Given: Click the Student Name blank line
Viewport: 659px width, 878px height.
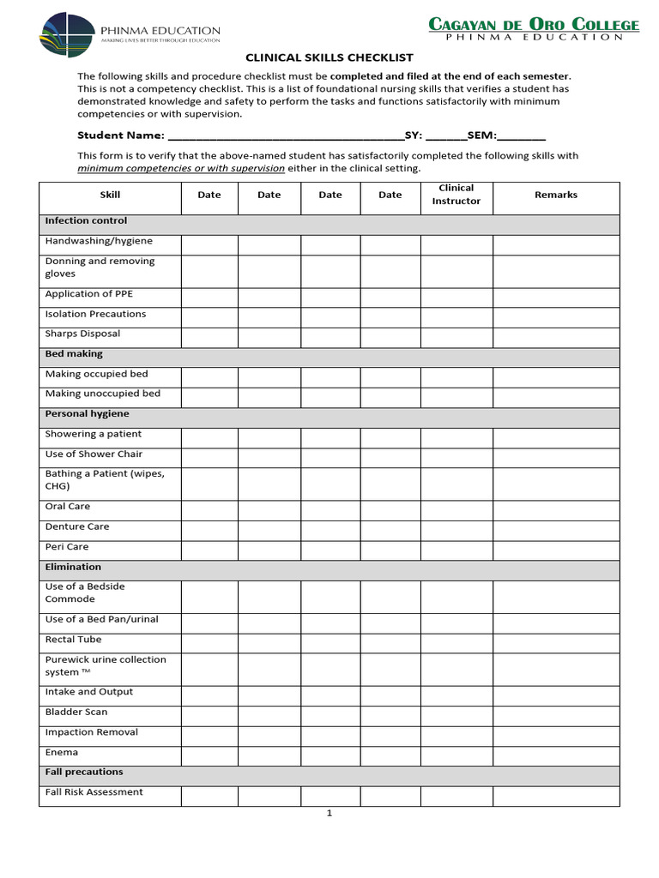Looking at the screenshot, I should click(285, 135).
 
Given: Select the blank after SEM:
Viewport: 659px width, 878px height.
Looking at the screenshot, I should click(521, 135).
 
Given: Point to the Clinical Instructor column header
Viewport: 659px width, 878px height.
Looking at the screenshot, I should click(456, 195).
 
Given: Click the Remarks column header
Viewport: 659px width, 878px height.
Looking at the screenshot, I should click(555, 195).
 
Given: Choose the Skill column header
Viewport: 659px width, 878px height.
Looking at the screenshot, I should click(110, 195).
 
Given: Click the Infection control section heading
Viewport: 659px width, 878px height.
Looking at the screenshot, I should click(86, 221).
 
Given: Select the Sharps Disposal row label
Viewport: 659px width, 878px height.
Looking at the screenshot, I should click(82, 334).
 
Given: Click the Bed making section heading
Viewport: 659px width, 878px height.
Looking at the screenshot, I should click(74, 353).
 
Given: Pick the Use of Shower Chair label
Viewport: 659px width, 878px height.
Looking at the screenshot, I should click(94, 454).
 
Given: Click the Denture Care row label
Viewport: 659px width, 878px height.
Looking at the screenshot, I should click(77, 526).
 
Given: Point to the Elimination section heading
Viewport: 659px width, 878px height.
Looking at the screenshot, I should click(73, 567).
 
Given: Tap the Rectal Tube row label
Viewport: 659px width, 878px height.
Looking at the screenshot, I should click(73, 639).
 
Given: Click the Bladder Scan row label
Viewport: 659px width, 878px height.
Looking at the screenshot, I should click(76, 712).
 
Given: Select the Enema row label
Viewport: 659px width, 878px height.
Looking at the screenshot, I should click(62, 752).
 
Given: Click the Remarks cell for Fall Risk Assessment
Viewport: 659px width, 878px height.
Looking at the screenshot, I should click(555, 796).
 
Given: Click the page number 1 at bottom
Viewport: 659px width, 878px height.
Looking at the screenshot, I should click(329, 814).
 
